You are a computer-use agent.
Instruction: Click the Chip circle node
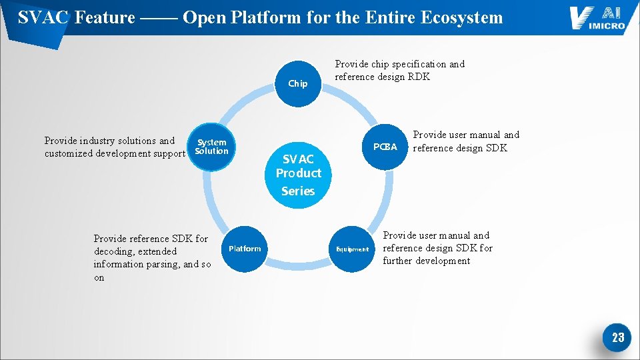coord(297,84)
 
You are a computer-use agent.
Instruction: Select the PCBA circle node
coord(385,147)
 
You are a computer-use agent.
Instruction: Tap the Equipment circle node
coord(352,249)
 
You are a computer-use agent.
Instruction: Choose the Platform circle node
coord(245,249)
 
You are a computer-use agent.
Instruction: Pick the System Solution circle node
coord(211,147)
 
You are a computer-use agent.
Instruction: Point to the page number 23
coord(617,337)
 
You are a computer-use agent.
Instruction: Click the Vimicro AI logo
coord(597,18)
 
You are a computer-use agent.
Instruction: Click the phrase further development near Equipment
coord(427,261)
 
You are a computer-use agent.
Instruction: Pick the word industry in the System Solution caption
coord(100,141)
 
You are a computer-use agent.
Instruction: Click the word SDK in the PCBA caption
coord(495,147)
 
